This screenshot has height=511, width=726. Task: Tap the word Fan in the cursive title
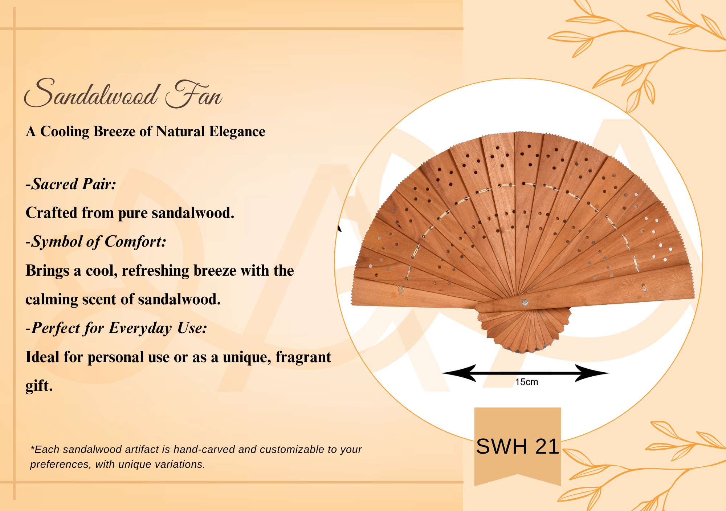pos(194,94)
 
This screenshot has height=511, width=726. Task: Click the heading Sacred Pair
pos(71,184)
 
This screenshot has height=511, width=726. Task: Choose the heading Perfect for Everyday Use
pos(117,328)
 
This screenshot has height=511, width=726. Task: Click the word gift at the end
pos(39,386)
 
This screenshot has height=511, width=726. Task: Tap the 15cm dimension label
pos(526,382)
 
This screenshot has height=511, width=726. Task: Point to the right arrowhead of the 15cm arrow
pos(592,373)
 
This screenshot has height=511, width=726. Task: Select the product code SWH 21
pos(517,446)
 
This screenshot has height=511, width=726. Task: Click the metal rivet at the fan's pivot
pos(525,303)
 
